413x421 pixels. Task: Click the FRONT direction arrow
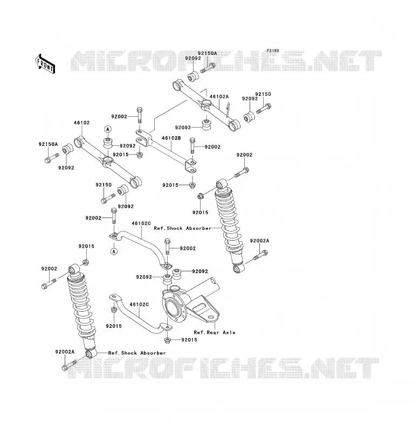point(45,64)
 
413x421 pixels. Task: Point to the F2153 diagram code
point(273,51)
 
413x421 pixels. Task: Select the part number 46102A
point(219,96)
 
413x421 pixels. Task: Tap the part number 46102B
point(171,138)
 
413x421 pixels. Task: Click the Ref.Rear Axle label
point(214,332)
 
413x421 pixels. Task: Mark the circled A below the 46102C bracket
point(114,251)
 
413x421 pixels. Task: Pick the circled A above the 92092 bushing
point(108,129)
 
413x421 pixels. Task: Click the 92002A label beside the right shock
point(259,241)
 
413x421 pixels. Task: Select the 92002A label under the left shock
point(65,352)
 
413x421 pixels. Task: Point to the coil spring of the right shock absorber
point(229,220)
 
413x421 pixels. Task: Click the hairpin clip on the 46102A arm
point(228,109)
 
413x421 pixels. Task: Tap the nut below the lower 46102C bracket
point(167,340)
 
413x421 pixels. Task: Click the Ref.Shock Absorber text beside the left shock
point(137,353)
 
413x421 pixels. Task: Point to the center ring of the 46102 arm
point(107,161)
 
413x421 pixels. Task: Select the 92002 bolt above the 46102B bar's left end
point(139,115)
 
